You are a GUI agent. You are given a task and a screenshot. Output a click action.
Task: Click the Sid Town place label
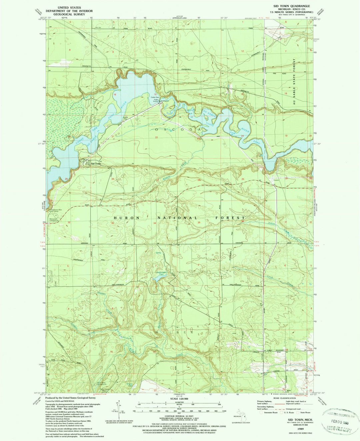(96, 164)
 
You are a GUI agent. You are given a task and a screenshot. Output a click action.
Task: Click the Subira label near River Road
(276, 180)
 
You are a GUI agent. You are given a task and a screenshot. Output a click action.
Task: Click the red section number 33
(113, 223)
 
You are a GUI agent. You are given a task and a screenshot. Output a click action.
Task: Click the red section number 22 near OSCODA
(156, 137)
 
